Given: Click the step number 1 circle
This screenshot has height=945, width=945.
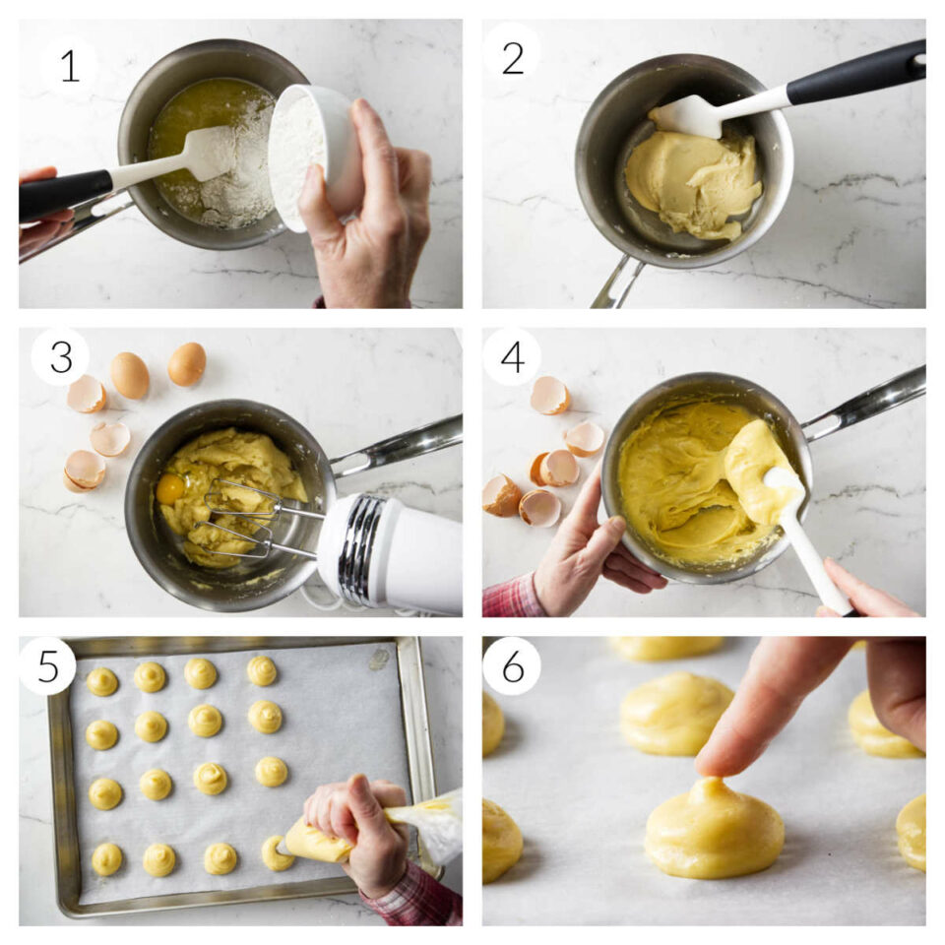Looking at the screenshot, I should point(68,65).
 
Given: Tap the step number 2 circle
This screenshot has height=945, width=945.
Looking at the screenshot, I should point(512,58).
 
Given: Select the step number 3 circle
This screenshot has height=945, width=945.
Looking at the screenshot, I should point(60,356).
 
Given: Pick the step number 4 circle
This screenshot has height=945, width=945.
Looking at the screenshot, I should point(512,356).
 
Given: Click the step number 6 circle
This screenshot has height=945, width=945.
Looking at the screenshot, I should point(512,665).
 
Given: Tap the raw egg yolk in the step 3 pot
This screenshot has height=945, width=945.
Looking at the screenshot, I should point(170,488).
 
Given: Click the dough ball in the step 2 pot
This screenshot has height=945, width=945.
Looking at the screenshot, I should point(694,182).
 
